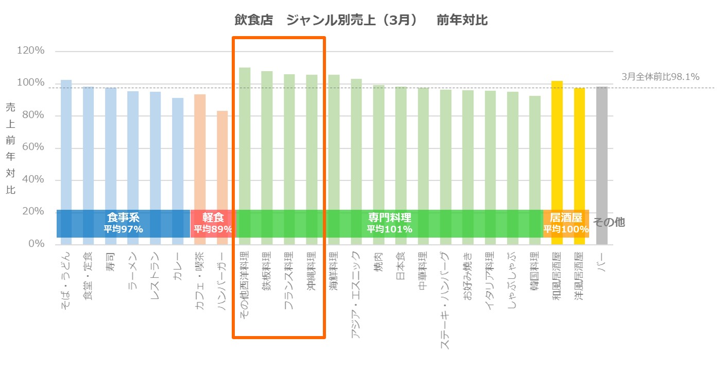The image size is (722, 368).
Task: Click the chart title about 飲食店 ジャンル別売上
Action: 360,21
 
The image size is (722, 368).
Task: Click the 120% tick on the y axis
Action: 31,51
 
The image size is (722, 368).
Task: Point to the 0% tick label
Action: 36,244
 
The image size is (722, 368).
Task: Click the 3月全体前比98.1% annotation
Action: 660,77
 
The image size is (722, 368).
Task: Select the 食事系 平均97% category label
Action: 123,223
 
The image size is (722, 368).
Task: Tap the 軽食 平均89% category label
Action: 213,223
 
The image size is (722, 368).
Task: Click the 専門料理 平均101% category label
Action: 389,223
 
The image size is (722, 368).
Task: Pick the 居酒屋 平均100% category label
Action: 566,223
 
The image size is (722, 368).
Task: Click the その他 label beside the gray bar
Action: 609,223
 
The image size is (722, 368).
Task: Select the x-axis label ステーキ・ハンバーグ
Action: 445,300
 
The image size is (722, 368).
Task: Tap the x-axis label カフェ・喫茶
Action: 200,280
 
